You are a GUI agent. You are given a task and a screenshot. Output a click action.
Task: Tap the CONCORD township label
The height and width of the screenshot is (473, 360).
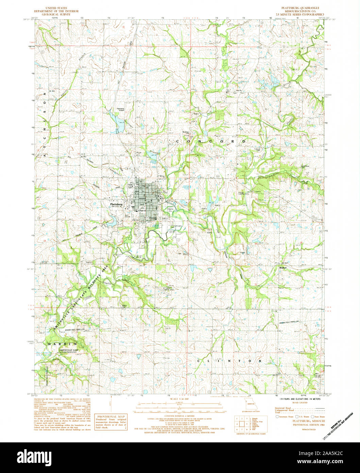click(x=210, y=141)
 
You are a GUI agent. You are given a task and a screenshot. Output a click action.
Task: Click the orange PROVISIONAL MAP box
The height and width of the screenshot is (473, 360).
click(x=111, y=422)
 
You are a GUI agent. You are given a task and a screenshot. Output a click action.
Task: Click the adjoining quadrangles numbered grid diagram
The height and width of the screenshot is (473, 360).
click(x=242, y=423)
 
